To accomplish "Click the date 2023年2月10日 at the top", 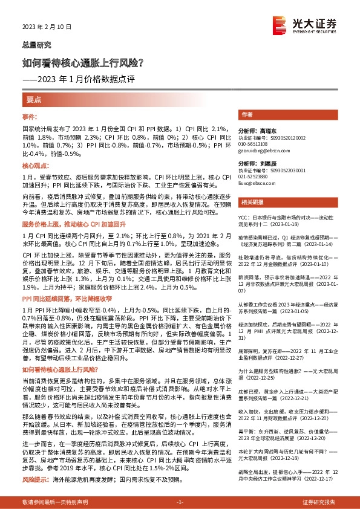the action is coord(47,27).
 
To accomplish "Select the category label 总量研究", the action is coord(36,45).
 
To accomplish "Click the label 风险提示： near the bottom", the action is coord(35,479).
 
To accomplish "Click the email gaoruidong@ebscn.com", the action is coord(263,150).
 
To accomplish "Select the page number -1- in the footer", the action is coord(180,502).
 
